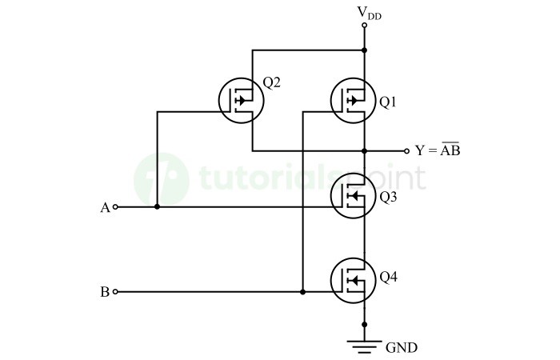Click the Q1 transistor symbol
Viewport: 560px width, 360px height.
tap(353, 101)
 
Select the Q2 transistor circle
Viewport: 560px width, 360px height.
tap(241, 101)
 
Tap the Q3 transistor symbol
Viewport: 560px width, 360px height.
tap(353, 196)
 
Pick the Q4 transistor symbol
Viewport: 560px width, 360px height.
tap(353, 278)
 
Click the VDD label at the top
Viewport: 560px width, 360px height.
tap(368, 12)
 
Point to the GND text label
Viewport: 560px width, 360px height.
tap(402, 347)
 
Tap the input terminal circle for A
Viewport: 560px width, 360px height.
tap(116, 207)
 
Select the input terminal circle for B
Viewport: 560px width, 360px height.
tap(116, 292)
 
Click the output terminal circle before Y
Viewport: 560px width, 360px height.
tap(406, 150)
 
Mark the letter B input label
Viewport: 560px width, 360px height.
tap(104, 293)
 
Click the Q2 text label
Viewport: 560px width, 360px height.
tap(271, 82)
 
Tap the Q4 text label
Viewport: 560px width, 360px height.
tap(388, 278)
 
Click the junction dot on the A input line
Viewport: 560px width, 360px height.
tap(157, 207)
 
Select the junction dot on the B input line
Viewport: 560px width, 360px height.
tap(302, 292)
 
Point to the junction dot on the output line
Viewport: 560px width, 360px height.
tap(365, 150)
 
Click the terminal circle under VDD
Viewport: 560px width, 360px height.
tap(365, 26)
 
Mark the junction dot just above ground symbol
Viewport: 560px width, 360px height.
tap(365, 324)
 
